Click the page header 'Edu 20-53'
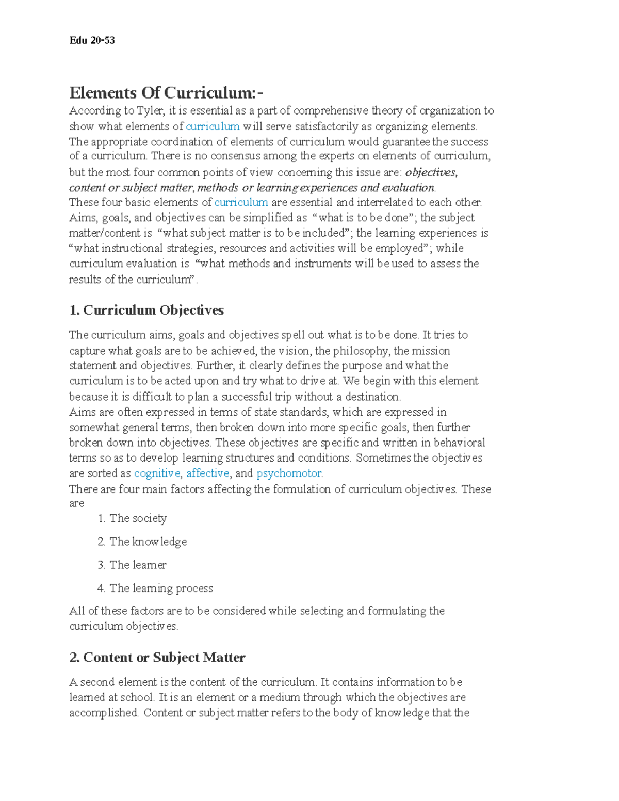click(x=92, y=40)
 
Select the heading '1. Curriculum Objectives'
click(x=146, y=310)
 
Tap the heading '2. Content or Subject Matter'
click(x=157, y=657)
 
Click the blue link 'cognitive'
click(x=157, y=473)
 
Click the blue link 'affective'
click(x=207, y=473)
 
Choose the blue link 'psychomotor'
click(x=289, y=473)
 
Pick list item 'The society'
click(x=138, y=518)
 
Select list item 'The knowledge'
click(x=148, y=542)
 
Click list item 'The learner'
click(x=138, y=565)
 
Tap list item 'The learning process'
click(x=161, y=588)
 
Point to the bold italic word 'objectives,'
click(x=431, y=172)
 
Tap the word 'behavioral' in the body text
click(x=459, y=443)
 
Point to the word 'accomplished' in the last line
click(x=103, y=713)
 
